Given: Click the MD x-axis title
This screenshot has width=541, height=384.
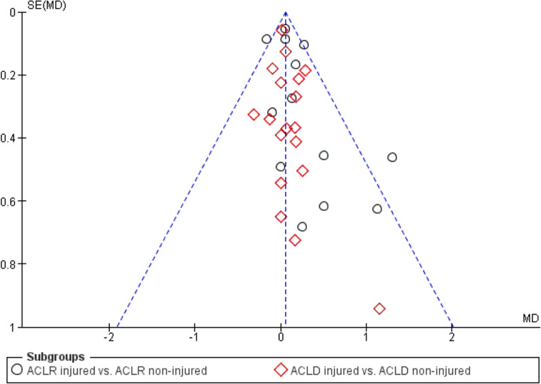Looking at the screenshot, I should pos(530,318).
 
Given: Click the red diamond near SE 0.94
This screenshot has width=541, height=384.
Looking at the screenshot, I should pos(379,309).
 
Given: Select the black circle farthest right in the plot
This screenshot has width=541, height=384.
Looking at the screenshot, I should pos(392,157).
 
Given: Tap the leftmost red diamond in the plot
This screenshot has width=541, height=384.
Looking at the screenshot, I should pos(254,115).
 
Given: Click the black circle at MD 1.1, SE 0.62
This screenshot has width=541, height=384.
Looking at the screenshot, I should pos(377,209).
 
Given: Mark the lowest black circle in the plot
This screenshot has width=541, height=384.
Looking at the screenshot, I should pos(302,227).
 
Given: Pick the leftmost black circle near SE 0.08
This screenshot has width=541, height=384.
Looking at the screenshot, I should pos(267,39).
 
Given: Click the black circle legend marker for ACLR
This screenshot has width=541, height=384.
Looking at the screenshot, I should pos(18,370).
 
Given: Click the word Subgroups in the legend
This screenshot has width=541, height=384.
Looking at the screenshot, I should pos(56,356).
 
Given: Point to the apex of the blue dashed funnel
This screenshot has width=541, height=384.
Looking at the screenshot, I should pos(286,12).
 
